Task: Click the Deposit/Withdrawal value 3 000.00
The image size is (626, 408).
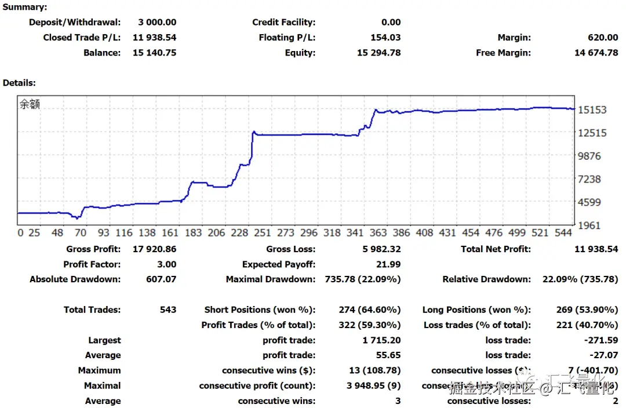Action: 157,23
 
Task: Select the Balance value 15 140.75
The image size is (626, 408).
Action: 155,53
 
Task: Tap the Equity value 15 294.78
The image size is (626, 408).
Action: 378,53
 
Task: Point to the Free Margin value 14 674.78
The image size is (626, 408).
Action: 596,53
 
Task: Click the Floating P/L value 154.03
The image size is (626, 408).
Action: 385,38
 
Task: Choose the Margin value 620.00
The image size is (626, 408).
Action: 603,38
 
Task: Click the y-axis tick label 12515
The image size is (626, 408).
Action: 592,133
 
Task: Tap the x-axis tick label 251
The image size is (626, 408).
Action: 262,233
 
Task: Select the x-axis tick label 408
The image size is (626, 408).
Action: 424,233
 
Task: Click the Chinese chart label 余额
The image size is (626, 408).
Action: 30,105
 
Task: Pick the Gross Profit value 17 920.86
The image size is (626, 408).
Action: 155,249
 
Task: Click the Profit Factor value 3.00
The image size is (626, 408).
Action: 167,264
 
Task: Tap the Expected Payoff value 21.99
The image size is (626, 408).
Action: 388,264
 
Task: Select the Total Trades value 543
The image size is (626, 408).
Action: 168,310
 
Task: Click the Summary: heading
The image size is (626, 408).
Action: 25,8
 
